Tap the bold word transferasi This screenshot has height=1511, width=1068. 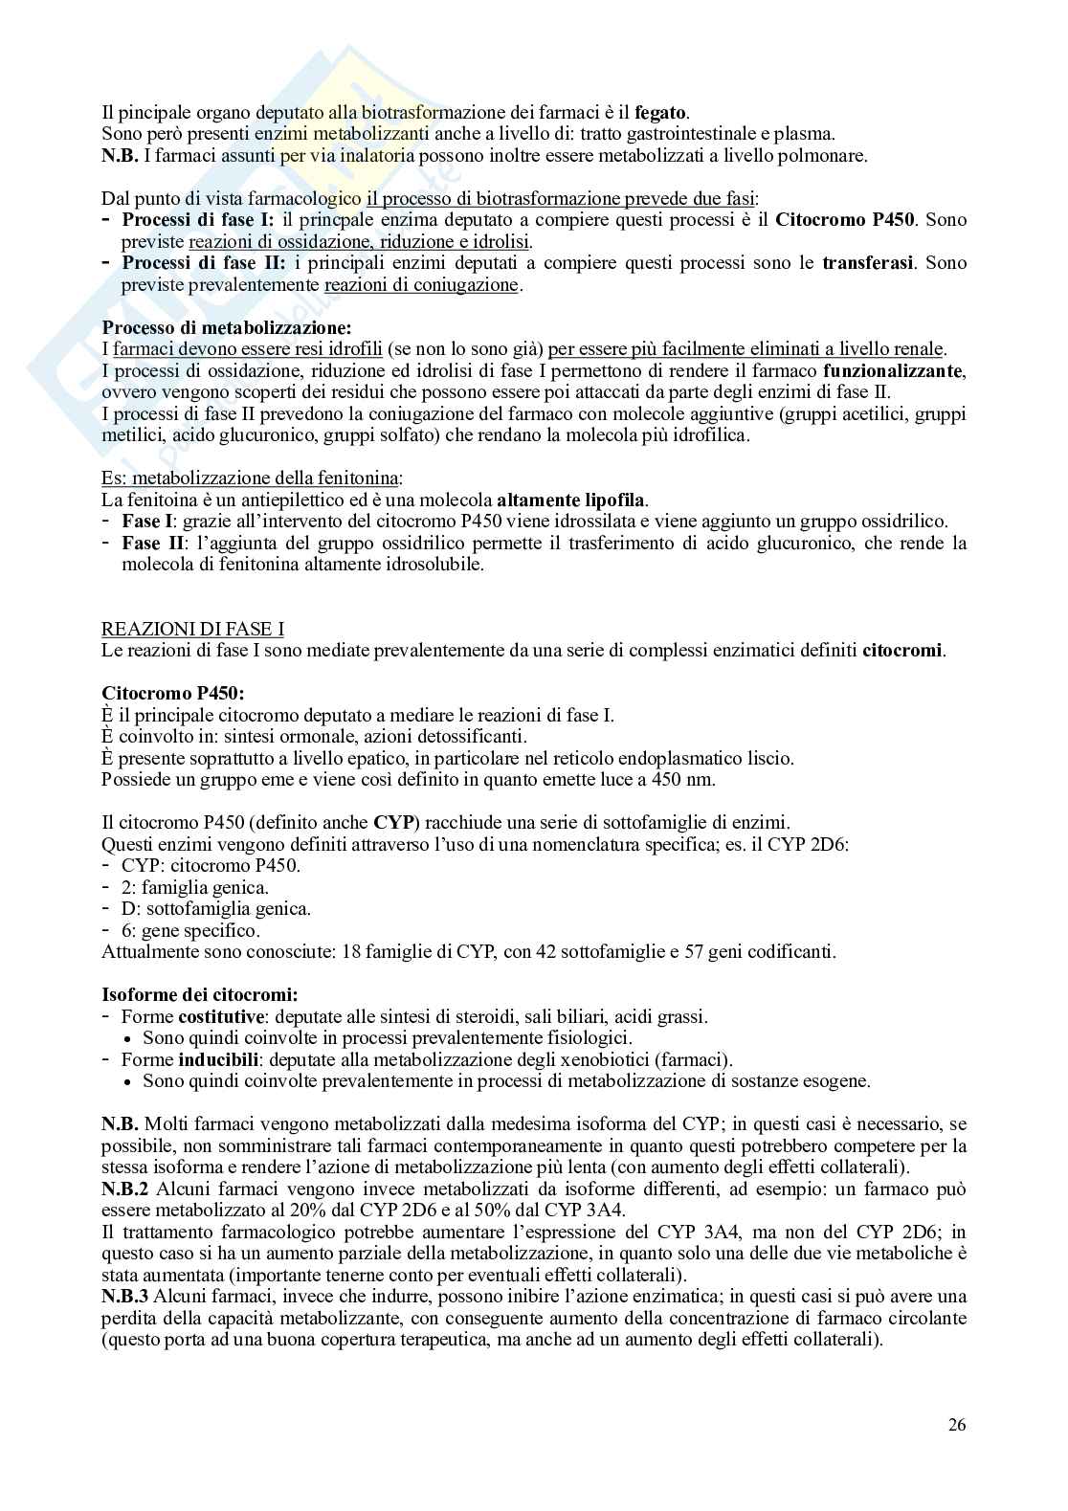click(866, 262)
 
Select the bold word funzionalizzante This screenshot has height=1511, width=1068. click(888, 370)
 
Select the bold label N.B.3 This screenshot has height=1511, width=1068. click(124, 1297)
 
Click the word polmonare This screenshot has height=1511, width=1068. click(831, 155)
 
